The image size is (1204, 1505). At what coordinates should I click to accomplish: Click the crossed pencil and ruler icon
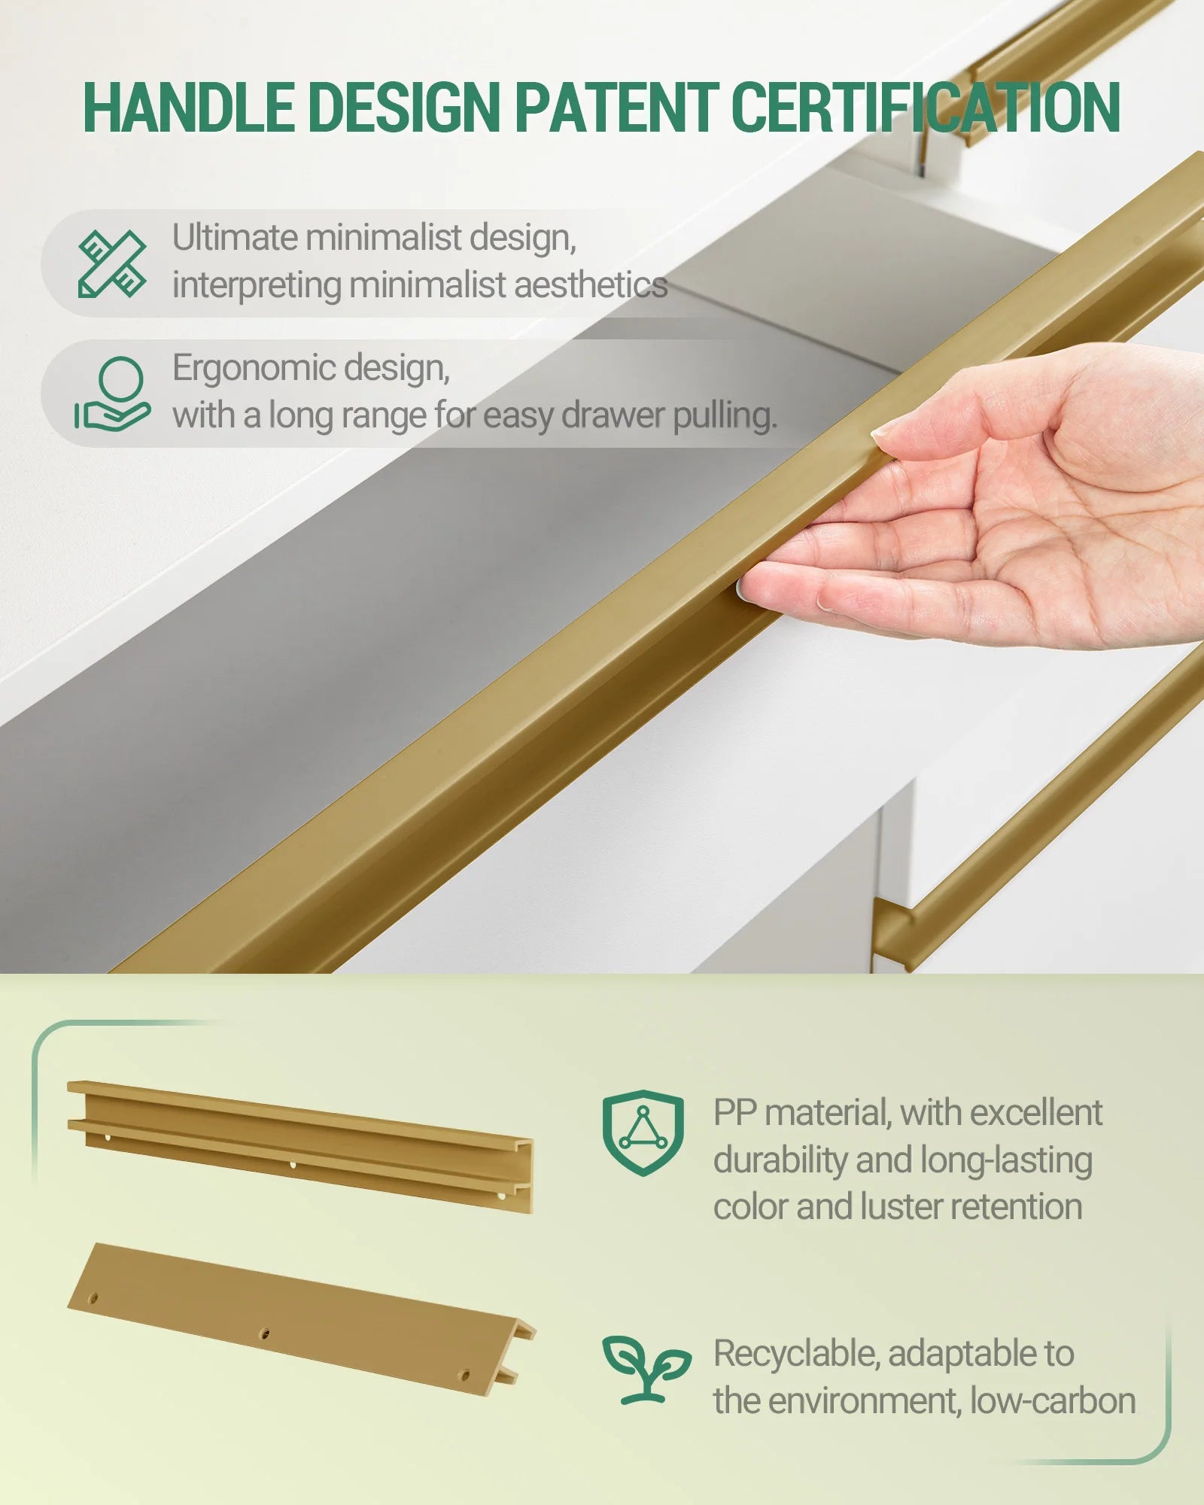(x=112, y=263)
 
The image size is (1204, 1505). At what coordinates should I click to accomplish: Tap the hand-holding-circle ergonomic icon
(x=112, y=394)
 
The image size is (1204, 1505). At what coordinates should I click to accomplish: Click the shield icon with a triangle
(x=643, y=1133)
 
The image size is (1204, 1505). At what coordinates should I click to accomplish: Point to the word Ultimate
(x=236, y=237)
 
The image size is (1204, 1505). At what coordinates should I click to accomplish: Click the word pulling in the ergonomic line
(x=725, y=417)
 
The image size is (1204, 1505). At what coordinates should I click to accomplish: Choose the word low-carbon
(x=1053, y=1401)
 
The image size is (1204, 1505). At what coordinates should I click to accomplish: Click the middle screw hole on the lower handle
(x=264, y=1334)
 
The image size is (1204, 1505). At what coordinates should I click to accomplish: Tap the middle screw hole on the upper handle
(x=293, y=1165)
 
